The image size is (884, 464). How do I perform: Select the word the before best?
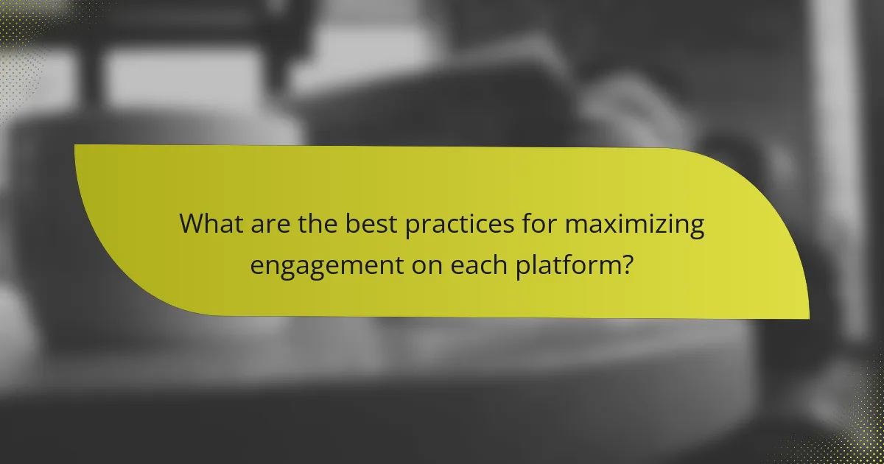(x=315, y=224)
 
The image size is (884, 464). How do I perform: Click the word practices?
(x=454, y=224)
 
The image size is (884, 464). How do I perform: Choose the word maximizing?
(x=634, y=224)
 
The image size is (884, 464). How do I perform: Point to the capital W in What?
(x=192, y=224)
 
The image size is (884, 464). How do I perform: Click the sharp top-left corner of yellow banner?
(x=76, y=146)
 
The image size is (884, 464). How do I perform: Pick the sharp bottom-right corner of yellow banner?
(x=807, y=318)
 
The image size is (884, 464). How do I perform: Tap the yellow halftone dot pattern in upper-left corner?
(x=18, y=29)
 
